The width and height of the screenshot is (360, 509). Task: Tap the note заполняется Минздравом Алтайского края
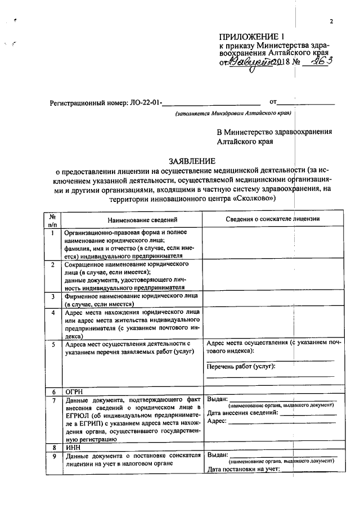click(x=232, y=114)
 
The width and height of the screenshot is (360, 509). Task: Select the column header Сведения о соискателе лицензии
click(x=272, y=219)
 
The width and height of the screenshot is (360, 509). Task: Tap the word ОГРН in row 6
click(x=75, y=391)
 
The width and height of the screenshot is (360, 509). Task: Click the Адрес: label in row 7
click(x=218, y=421)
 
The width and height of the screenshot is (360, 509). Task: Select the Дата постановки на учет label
click(x=244, y=470)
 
